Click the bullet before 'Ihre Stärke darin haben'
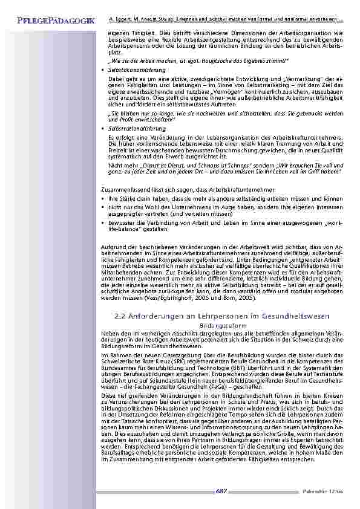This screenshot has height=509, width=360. coord(103,198)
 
